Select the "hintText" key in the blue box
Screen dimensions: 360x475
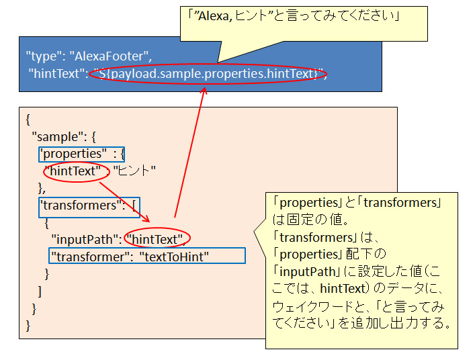coord(54,74)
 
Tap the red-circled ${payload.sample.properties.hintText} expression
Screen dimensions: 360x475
coord(208,74)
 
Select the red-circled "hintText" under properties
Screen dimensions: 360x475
coord(76,171)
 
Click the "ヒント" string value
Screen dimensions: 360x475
coord(135,171)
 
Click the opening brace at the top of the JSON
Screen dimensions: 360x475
coord(28,120)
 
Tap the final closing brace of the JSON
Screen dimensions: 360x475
coord(28,325)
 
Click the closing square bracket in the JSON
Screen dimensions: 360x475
coord(40,291)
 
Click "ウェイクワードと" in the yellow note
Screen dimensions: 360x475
coord(313,306)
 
